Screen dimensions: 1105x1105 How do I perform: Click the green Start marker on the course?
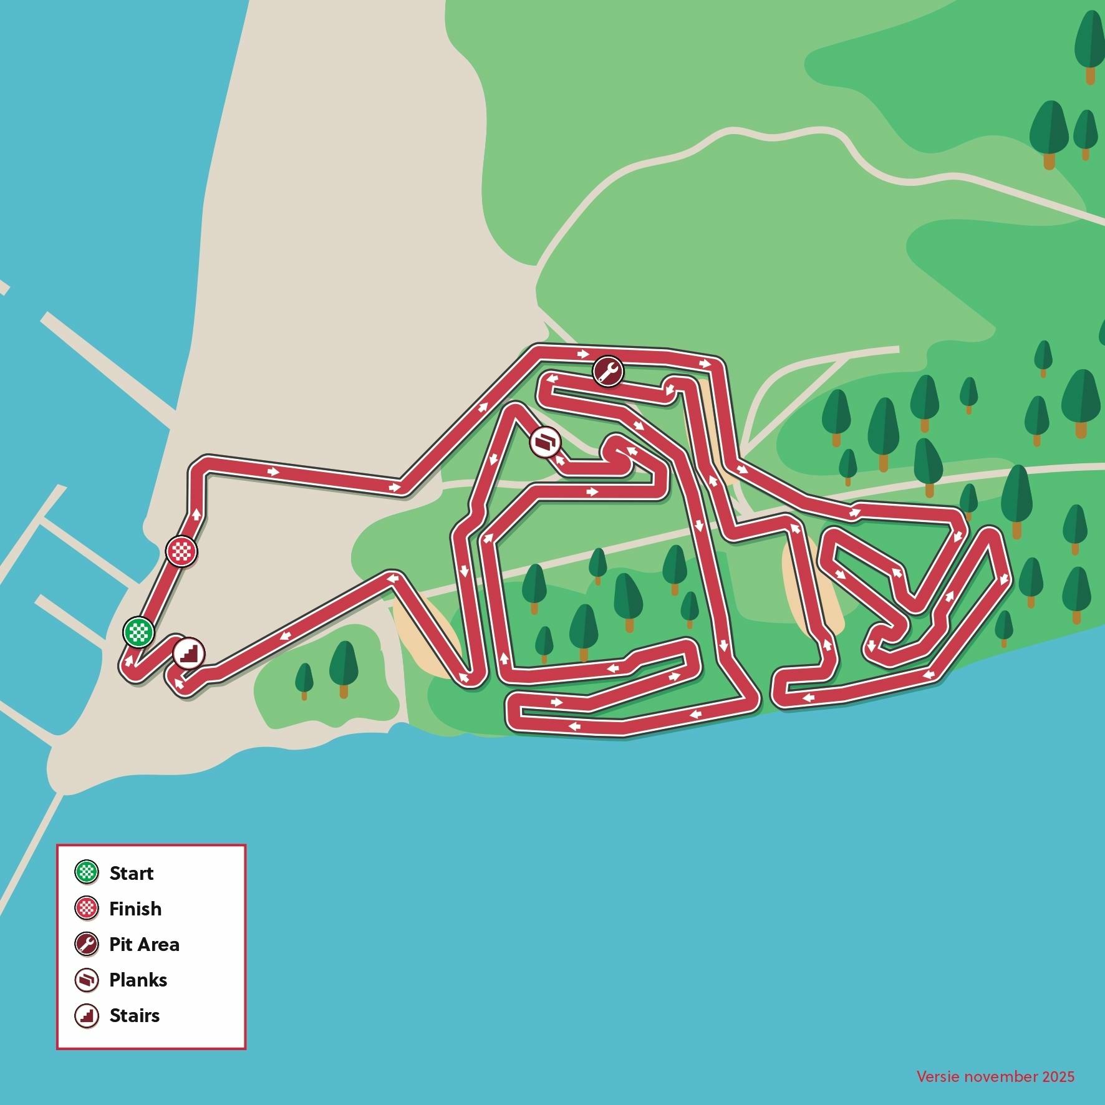138,632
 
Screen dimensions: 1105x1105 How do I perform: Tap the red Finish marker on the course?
181,551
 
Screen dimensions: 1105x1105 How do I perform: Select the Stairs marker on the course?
188,653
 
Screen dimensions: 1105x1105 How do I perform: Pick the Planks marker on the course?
546,442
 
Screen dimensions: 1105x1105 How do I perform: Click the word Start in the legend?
131,873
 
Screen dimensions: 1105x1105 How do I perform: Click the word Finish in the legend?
135,909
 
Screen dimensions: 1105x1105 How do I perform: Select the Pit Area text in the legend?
144,944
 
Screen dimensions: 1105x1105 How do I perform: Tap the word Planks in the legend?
138,980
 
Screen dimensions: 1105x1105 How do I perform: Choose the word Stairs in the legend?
134,1015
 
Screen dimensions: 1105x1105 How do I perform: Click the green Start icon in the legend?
87,872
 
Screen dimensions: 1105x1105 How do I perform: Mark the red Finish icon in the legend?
87,909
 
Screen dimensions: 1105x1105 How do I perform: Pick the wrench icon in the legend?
87,944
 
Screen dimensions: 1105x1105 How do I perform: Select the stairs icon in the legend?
87,1015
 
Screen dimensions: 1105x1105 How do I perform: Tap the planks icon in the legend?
87,980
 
